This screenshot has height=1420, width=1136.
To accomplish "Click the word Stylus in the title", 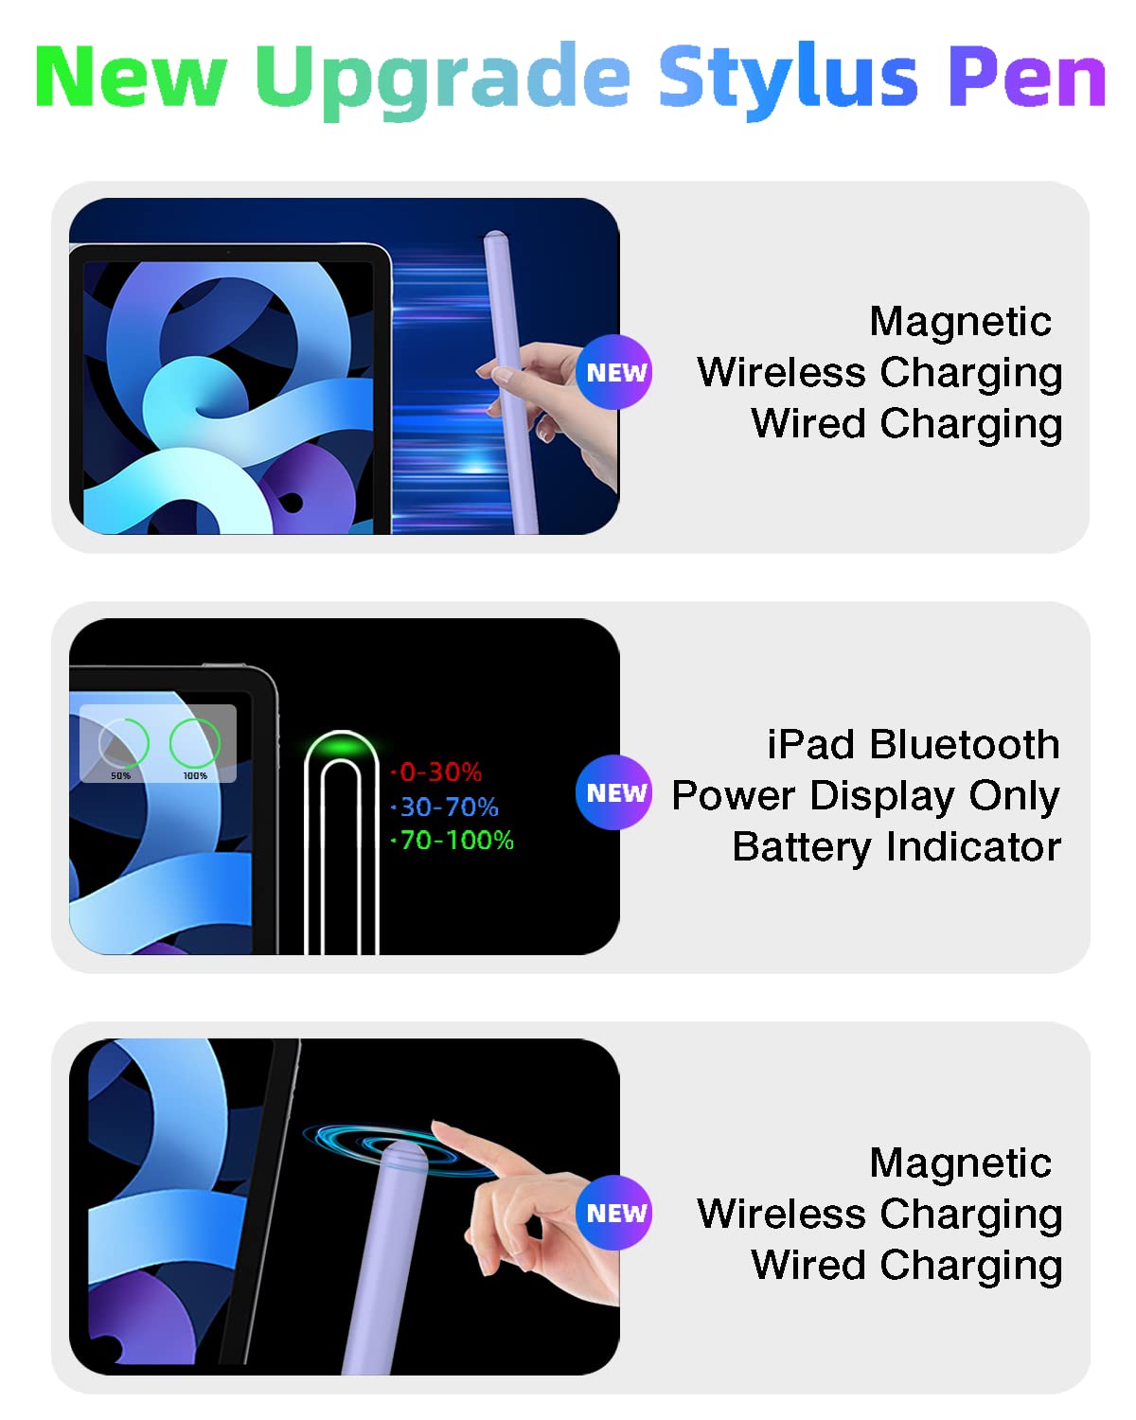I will pyautogui.click(x=788, y=78).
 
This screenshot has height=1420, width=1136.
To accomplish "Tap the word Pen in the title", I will pyautogui.click(x=1027, y=78).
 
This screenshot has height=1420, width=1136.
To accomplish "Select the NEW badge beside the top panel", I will pyautogui.click(x=614, y=372).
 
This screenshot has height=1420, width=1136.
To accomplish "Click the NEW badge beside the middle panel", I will pyautogui.click(x=614, y=792).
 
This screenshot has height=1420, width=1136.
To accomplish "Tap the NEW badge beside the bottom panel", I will pyautogui.click(x=614, y=1213).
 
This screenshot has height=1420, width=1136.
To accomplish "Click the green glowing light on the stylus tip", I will pyautogui.click(x=342, y=749).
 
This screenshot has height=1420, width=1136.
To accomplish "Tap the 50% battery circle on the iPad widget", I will pyautogui.click(x=123, y=743).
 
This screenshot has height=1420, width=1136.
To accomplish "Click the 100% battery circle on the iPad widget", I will pyautogui.click(x=195, y=743).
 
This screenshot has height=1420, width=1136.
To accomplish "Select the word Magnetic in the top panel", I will pyautogui.click(x=960, y=322).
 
